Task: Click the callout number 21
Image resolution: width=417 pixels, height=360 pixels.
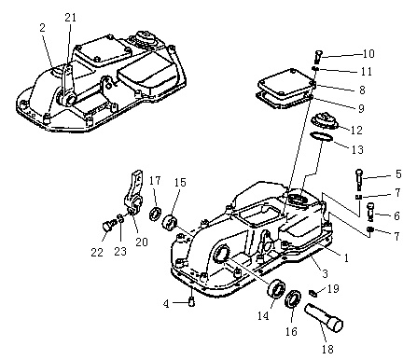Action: [x=70, y=18]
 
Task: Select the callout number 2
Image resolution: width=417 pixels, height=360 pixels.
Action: [x=42, y=28]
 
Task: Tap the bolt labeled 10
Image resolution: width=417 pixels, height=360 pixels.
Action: [x=318, y=57]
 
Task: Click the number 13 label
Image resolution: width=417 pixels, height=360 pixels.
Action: [x=357, y=149]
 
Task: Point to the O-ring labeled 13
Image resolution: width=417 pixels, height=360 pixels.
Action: [x=321, y=137]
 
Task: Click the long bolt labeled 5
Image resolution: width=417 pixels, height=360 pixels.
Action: [x=359, y=179]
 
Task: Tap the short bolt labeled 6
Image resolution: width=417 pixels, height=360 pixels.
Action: [x=370, y=212]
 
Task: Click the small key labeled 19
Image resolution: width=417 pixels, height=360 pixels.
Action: [x=313, y=293]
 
